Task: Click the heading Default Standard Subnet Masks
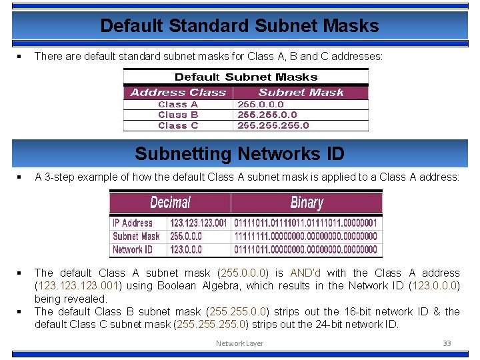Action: [239, 26]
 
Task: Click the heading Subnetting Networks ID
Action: [239, 154]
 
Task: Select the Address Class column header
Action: [178, 93]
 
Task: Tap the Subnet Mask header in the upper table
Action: [301, 93]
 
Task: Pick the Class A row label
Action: [178, 104]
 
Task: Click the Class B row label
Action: [178, 115]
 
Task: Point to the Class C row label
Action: [178, 125]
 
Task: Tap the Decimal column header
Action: [170, 202]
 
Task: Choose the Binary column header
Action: [307, 202]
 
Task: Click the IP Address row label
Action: [132, 223]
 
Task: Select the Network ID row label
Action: [132, 249]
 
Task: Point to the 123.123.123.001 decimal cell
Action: [199, 223]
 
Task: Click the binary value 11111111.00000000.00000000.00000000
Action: [305, 236]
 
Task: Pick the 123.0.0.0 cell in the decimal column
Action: [186, 249]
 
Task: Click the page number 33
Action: [447, 343]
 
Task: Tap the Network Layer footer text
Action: [239, 343]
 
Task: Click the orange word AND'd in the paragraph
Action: [305, 273]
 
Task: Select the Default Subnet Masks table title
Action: [246, 77]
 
